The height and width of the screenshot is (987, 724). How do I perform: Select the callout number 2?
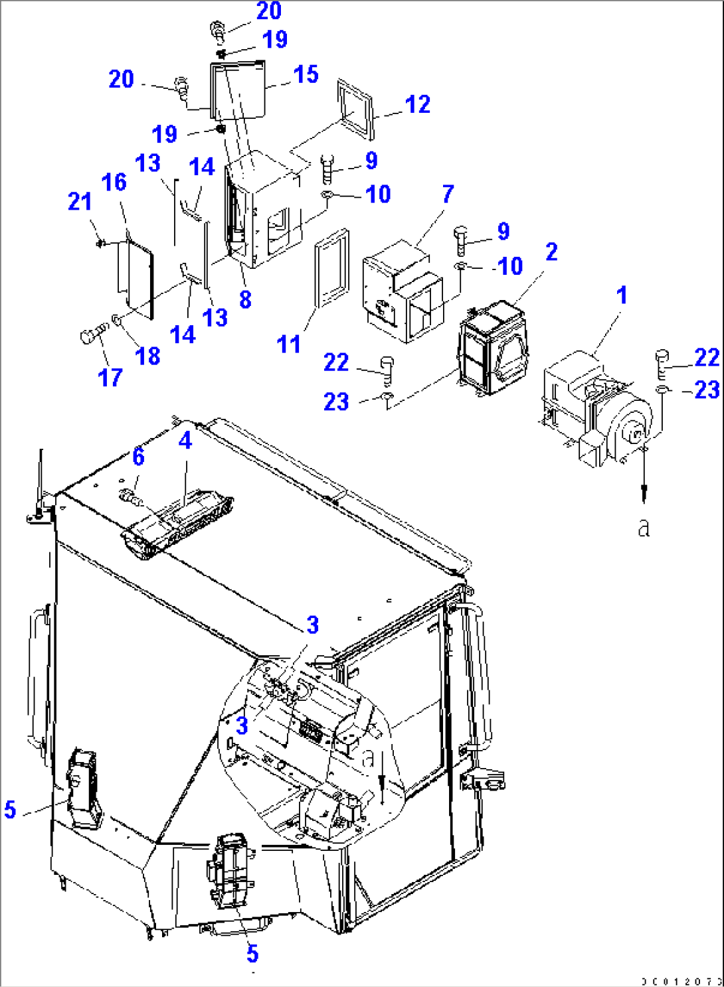pos(551,252)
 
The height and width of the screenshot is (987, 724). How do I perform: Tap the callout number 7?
pos(448,194)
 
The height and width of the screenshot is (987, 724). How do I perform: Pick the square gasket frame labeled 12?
pos(355,110)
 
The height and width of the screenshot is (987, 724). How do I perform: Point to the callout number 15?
pos(306,74)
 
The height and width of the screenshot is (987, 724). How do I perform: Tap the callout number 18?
pos(147,356)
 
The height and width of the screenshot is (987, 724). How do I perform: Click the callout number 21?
pos(80,201)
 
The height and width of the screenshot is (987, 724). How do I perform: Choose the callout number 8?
pos(245,299)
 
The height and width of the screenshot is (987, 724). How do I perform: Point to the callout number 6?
pos(138,456)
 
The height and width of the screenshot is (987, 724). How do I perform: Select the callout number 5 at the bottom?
pos(252,954)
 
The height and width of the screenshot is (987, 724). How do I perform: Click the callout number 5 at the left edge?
pos(10,809)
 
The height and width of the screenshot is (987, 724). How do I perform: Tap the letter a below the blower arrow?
pos(643,528)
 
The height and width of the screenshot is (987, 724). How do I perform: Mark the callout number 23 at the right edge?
pos(707,390)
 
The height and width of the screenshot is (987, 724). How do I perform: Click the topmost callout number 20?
pos(268,11)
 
